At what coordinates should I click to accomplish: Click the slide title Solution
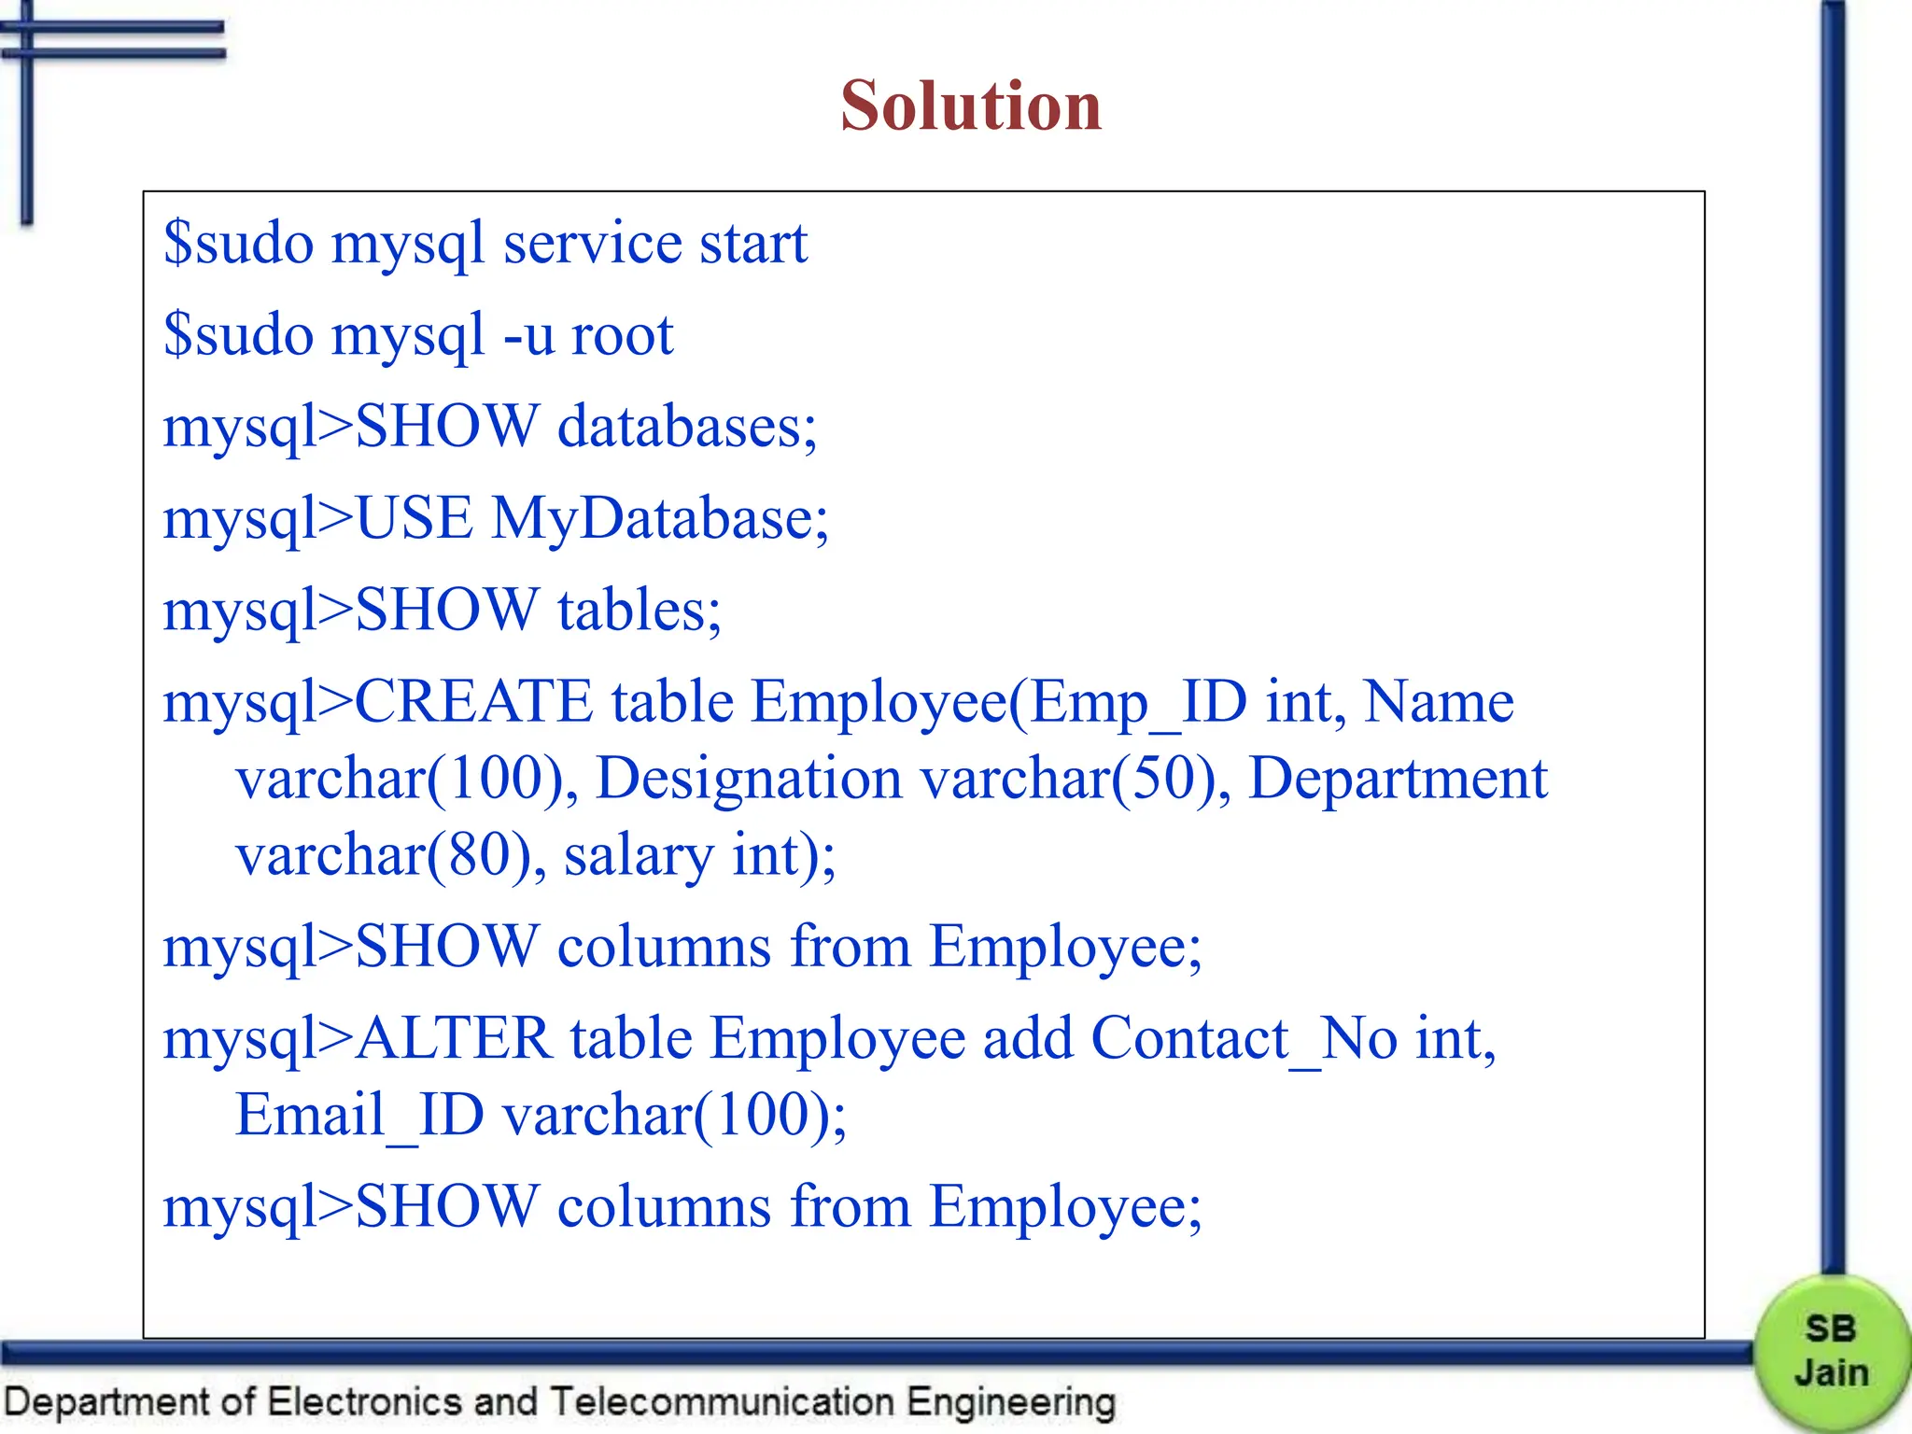coord(971,105)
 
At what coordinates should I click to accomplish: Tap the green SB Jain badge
coord(1830,1351)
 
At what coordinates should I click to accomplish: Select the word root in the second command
coord(622,335)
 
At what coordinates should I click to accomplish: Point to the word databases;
coord(687,427)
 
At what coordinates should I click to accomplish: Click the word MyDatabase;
coord(659,518)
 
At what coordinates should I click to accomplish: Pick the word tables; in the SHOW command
coord(640,610)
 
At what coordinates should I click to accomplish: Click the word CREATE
coord(474,701)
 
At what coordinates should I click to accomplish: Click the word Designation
coord(749,780)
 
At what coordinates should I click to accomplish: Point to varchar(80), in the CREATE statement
coord(390,854)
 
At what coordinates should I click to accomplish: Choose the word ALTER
coord(454,1038)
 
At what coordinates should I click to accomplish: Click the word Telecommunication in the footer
coord(722,1401)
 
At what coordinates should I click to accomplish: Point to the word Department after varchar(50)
coord(1398,780)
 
